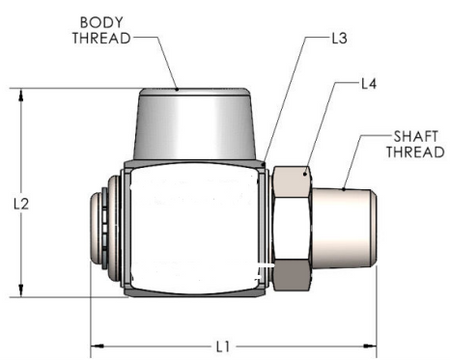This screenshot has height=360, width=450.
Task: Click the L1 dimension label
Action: click(223, 347)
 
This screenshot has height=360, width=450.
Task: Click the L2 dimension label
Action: click(21, 204)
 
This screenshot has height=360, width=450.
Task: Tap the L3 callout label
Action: click(339, 38)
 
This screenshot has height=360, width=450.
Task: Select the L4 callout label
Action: click(369, 84)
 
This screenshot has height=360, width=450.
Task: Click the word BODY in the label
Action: click(102, 23)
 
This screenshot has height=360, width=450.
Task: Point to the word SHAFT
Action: click(416, 137)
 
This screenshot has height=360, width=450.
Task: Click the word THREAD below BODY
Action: click(102, 38)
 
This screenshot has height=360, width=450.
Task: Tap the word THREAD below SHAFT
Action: click(415, 152)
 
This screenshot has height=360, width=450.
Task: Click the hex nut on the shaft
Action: click(292, 229)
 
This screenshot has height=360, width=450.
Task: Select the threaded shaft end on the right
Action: click(344, 228)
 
